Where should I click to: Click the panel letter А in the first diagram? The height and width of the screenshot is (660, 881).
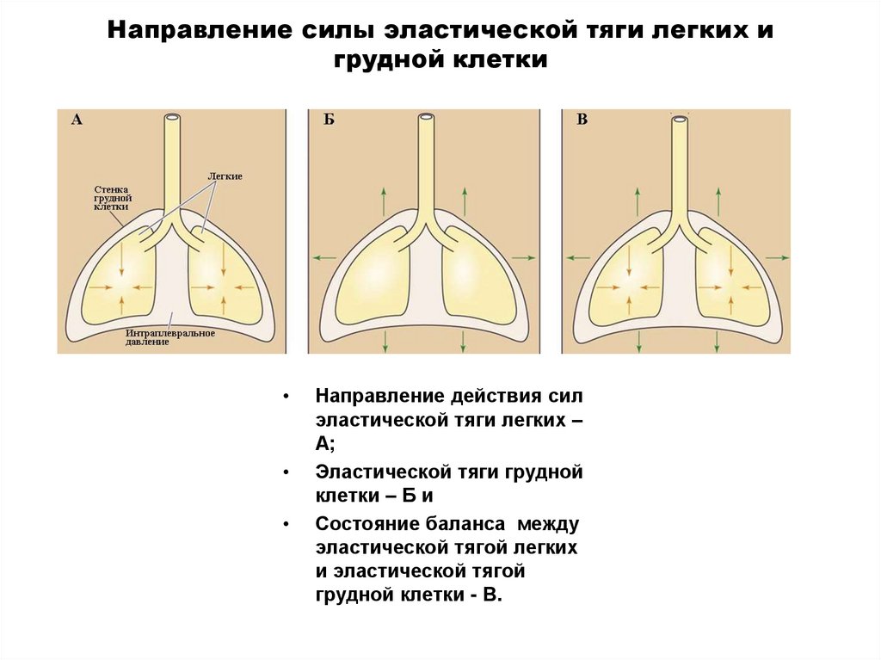77,121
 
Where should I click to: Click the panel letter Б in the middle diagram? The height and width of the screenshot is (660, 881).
329,121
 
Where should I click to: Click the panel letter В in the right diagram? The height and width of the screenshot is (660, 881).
582,121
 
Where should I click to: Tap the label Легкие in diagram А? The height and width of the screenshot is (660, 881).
225,176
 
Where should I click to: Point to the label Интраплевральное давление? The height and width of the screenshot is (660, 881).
169,336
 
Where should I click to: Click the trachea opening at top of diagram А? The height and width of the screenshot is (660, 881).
173,117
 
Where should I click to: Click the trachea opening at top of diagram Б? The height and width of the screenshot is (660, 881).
426,117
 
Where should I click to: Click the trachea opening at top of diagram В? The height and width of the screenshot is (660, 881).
679,117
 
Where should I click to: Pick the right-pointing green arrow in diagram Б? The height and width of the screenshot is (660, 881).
524,257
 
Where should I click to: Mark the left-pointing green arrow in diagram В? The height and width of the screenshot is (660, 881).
576,257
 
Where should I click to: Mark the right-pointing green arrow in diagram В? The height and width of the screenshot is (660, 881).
778,257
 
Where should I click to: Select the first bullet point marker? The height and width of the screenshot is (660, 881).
285,398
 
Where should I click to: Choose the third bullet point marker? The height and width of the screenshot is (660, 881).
285,523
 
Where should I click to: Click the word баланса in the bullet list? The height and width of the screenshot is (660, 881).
467,523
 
